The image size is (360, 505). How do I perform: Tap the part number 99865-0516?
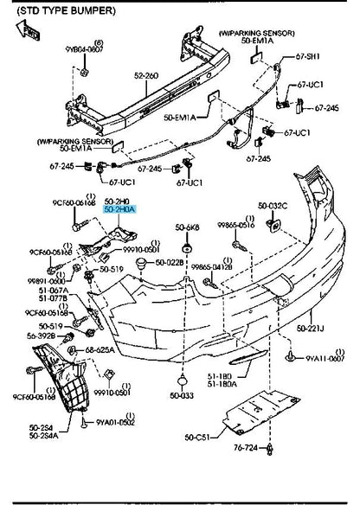[235, 224]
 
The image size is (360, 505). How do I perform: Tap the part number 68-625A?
[101, 350]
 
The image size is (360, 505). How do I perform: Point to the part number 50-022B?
[169, 262]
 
